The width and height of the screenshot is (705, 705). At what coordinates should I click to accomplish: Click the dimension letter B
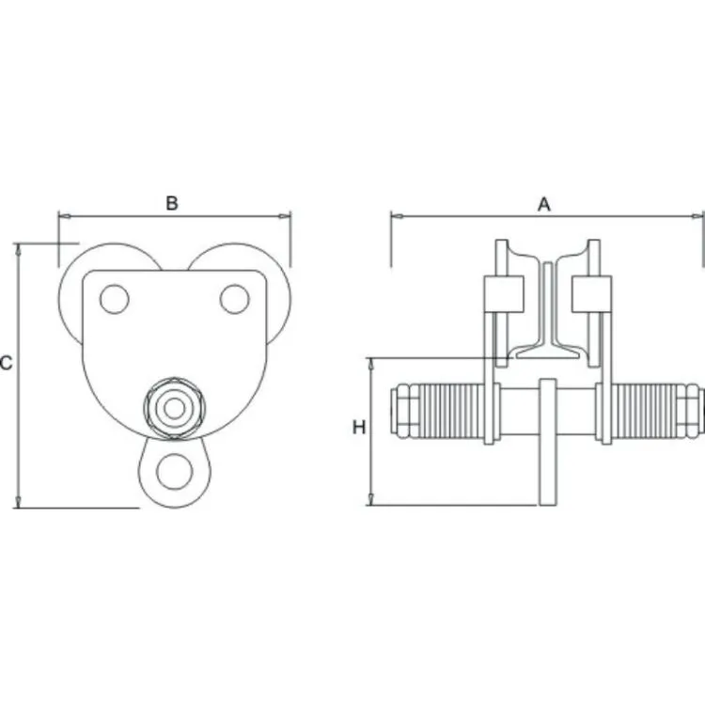[x=172, y=203]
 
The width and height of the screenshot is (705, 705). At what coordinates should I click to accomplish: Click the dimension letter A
[x=544, y=205]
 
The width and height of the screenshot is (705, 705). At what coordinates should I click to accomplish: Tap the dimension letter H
[x=359, y=428]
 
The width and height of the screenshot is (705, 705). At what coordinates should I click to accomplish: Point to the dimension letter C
[x=6, y=363]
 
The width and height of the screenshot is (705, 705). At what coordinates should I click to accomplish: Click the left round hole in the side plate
[x=114, y=299]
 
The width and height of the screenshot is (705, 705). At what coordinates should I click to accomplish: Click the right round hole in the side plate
[x=234, y=299]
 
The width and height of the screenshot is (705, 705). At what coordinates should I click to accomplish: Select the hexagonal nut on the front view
[x=175, y=408]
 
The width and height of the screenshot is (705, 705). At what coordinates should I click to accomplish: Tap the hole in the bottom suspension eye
[x=174, y=471]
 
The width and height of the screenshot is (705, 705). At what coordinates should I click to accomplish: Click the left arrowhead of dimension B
[x=64, y=217]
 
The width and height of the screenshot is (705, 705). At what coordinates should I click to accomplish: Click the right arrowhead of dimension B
[x=285, y=217]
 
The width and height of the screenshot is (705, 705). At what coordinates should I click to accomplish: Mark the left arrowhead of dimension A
[x=397, y=217]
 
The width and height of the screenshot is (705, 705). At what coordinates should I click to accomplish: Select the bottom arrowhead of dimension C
[x=18, y=502]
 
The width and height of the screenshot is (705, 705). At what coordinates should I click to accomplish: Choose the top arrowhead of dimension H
[x=371, y=364]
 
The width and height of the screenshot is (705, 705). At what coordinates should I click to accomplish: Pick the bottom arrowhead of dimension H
[x=371, y=499]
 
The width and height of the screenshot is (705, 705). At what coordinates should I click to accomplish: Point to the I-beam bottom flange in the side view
[x=547, y=352]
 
